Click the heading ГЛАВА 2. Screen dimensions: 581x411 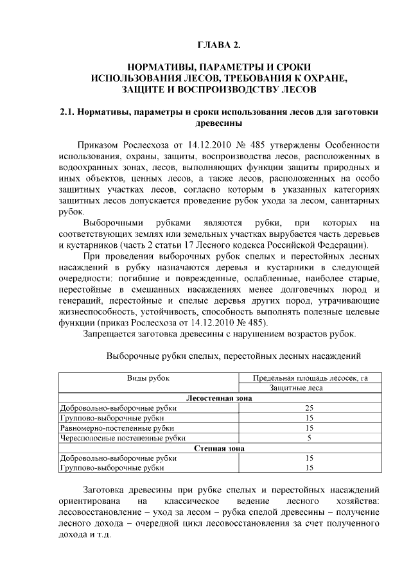(x=218, y=44)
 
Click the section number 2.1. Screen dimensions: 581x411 (x=67, y=112)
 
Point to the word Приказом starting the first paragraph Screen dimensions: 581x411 (x=98, y=143)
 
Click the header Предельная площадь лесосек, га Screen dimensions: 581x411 (x=310, y=378)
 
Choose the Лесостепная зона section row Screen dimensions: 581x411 (x=218, y=398)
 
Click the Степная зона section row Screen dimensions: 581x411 (x=218, y=447)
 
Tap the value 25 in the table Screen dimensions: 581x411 (x=310, y=408)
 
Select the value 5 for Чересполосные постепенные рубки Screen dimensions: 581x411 (x=310, y=438)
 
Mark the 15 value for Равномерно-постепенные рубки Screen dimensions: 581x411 (x=310, y=428)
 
